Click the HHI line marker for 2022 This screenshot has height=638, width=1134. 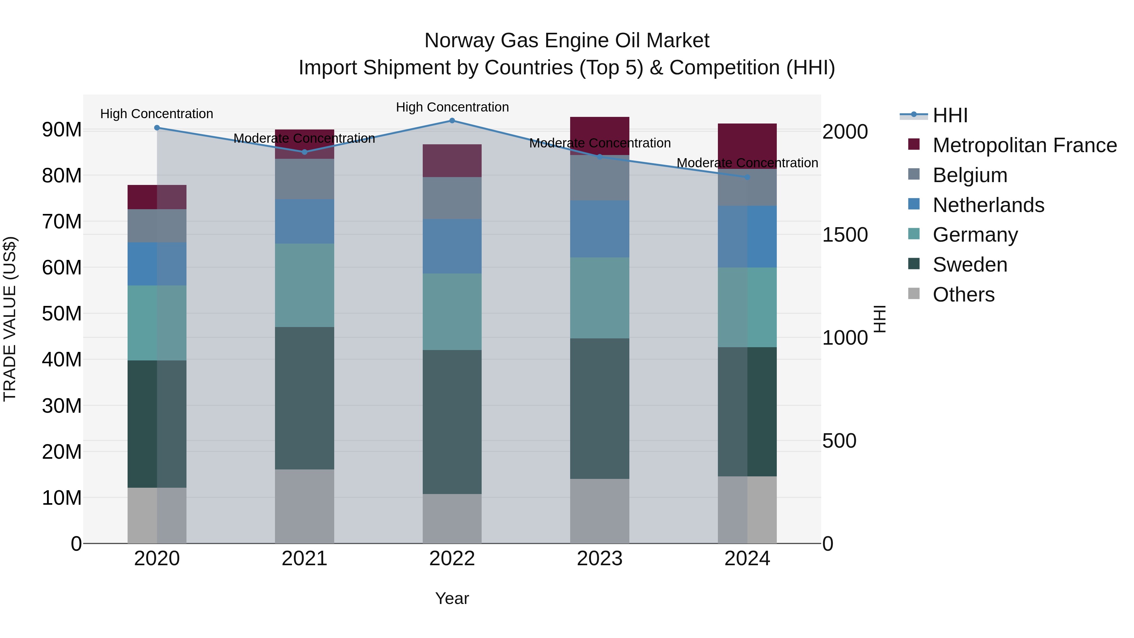tap(452, 121)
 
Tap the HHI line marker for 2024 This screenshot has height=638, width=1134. tap(747, 177)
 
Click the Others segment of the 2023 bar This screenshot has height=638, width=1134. tap(599, 511)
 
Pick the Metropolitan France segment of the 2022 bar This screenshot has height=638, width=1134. tap(452, 161)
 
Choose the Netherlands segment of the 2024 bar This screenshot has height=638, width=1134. tap(747, 236)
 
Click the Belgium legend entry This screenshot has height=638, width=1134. tap(970, 175)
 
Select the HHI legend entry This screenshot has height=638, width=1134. tap(950, 115)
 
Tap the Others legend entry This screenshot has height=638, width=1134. tap(963, 295)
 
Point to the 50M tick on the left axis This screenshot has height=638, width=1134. tap(62, 313)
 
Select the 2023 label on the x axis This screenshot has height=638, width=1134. tap(599, 559)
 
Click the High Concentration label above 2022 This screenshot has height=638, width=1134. tap(452, 107)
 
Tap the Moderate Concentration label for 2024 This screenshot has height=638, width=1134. tap(747, 163)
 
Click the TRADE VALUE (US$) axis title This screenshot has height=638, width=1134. tap(10, 319)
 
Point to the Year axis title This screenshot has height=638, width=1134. tap(452, 598)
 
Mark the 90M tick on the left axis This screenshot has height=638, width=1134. tap(62, 129)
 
